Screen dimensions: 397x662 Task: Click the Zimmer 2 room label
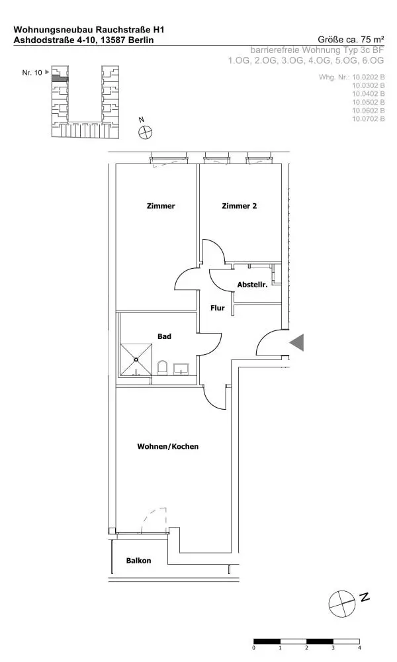click(x=240, y=206)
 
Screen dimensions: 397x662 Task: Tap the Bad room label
click(x=164, y=336)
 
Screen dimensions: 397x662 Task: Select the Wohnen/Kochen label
click(x=168, y=446)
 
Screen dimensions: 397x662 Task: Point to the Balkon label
click(x=138, y=561)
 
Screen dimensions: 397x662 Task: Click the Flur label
click(x=217, y=308)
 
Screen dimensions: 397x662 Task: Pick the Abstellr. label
click(x=252, y=285)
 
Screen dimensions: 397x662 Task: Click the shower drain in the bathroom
click(x=136, y=359)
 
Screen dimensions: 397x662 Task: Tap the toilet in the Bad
click(x=162, y=367)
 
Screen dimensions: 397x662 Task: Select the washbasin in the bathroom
click(x=182, y=369)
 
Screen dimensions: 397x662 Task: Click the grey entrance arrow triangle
click(x=298, y=342)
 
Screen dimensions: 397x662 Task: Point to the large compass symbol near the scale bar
click(x=342, y=604)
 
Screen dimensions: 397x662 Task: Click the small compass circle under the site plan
click(x=145, y=132)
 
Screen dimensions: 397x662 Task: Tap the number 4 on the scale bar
click(x=359, y=647)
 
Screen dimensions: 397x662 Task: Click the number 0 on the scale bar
click(x=254, y=647)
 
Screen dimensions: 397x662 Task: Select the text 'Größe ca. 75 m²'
click(x=351, y=40)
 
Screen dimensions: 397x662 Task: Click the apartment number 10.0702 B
click(x=369, y=119)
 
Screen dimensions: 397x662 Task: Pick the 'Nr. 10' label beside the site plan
click(x=32, y=73)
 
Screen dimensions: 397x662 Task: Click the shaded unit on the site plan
click(x=56, y=77)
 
